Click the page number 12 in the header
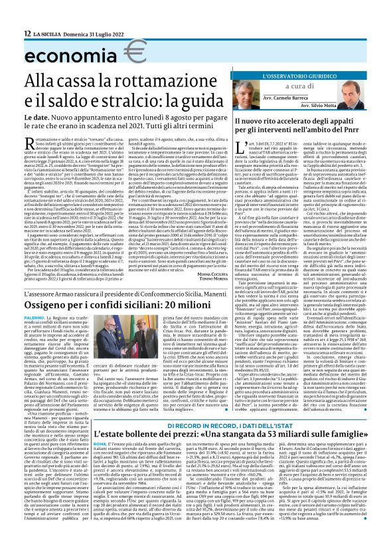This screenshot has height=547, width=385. point(27,33)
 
